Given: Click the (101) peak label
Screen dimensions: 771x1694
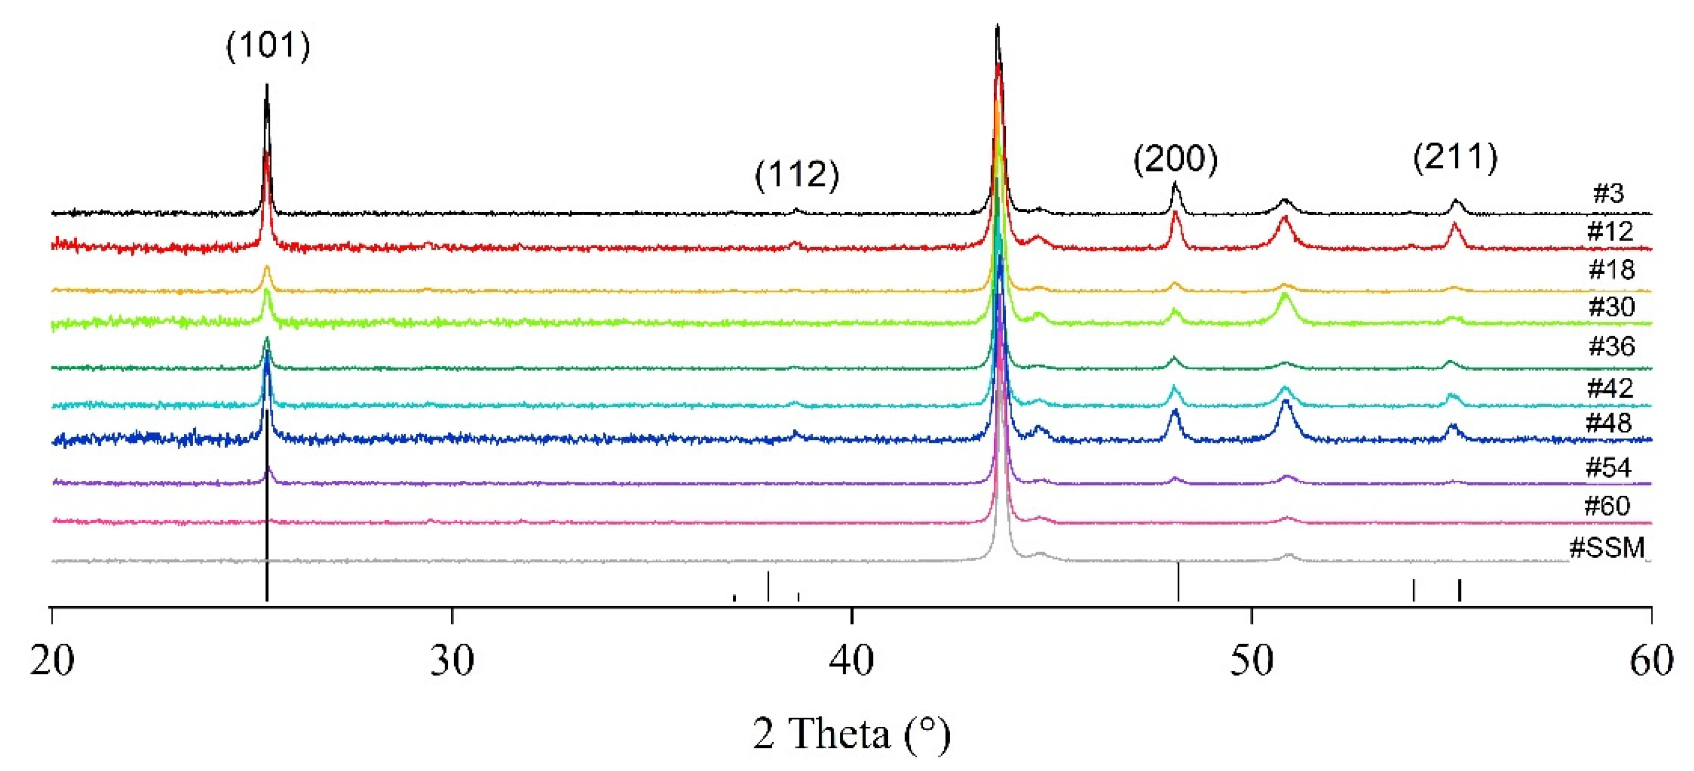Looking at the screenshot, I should tap(268, 46).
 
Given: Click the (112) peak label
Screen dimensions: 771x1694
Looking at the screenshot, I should tap(796, 175).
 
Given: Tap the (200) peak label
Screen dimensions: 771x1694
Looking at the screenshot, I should tap(1175, 159).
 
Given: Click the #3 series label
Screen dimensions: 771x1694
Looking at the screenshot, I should tap(1608, 193).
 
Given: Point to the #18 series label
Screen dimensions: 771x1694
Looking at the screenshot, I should tap(1611, 269).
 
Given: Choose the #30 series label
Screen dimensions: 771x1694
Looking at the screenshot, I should tap(1611, 307).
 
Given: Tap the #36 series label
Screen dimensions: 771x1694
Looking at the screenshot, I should tap(1611, 346).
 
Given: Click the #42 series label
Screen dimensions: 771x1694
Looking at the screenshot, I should tap(1610, 388).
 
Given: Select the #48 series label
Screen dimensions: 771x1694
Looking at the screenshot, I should tap(1608, 423).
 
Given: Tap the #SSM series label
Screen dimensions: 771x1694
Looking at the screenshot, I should tap(1606, 547).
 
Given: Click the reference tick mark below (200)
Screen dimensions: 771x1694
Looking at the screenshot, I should tap(1179, 582).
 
